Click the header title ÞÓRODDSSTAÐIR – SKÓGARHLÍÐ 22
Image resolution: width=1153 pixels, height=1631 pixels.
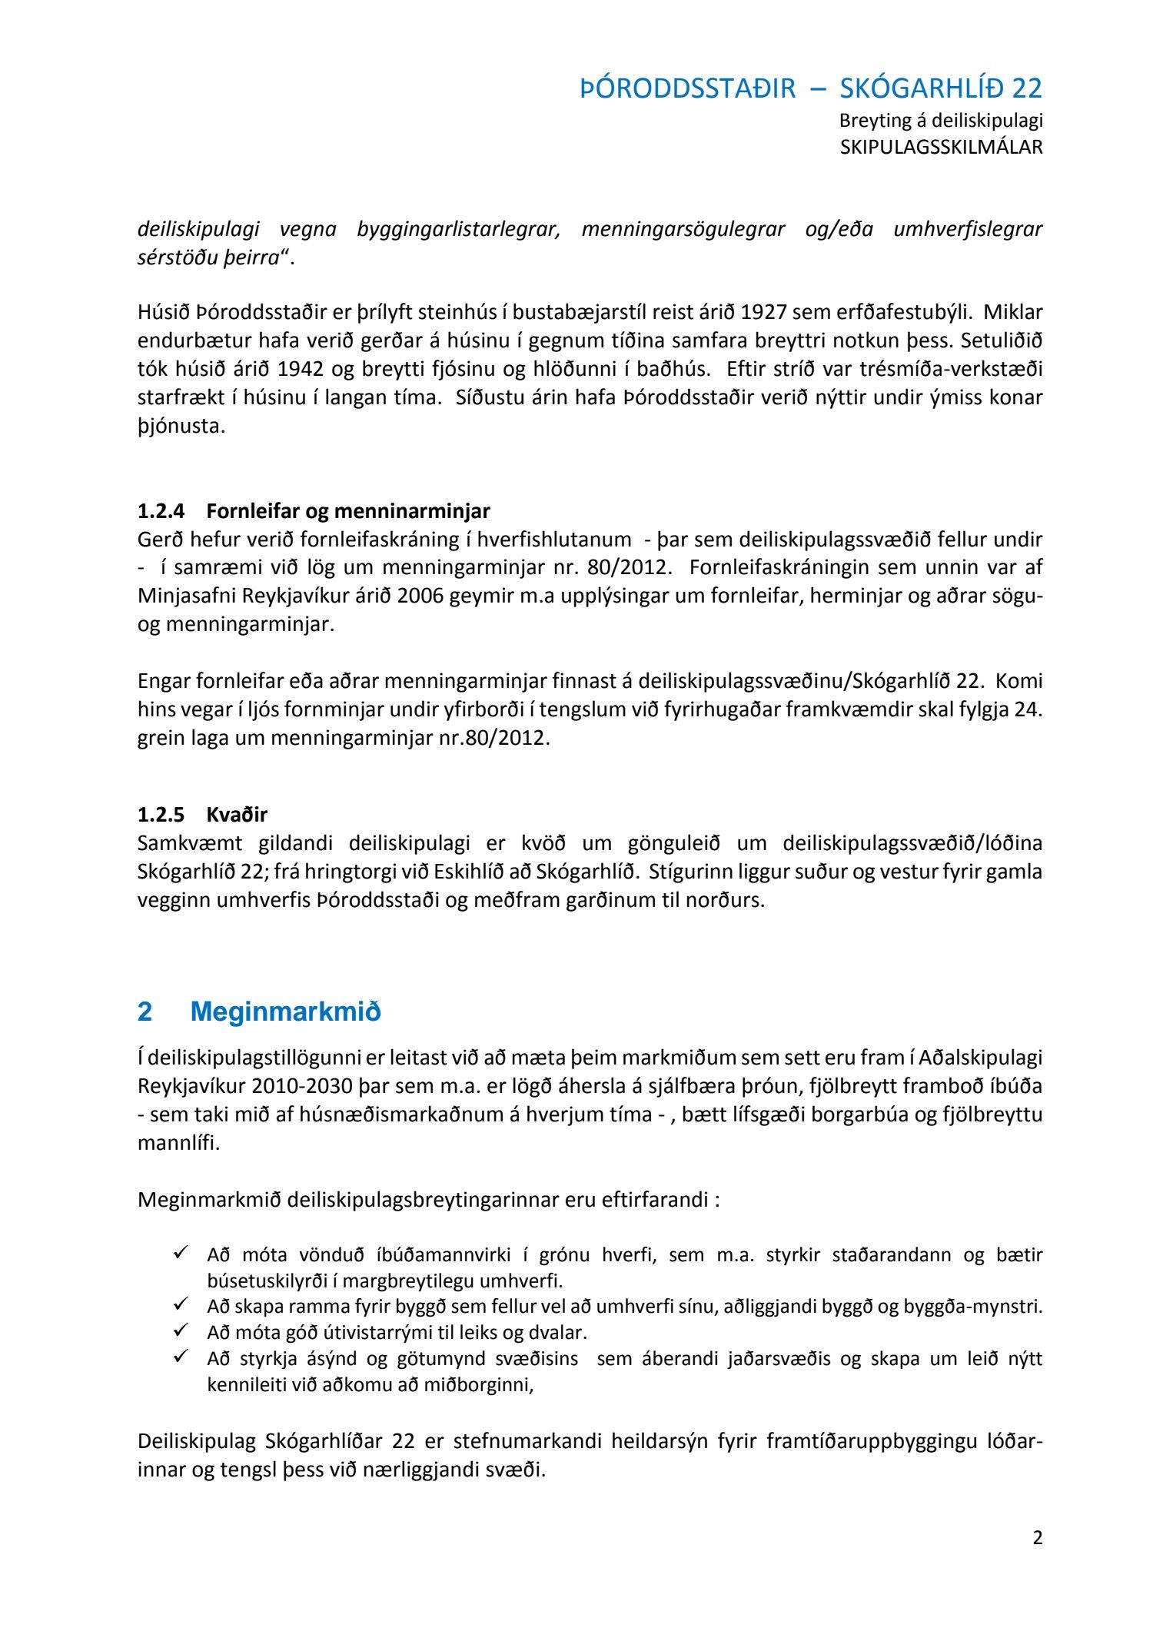[x=811, y=89]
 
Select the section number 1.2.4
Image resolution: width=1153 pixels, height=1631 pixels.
[x=161, y=511]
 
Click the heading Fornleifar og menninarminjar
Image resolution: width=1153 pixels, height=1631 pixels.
[x=348, y=511]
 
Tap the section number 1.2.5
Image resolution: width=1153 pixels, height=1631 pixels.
[x=161, y=814]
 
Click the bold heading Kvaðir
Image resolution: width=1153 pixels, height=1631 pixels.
[x=237, y=814]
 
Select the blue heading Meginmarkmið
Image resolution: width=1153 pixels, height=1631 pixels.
[x=285, y=1011]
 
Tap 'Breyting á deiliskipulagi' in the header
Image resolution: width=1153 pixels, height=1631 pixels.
[x=941, y=121]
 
